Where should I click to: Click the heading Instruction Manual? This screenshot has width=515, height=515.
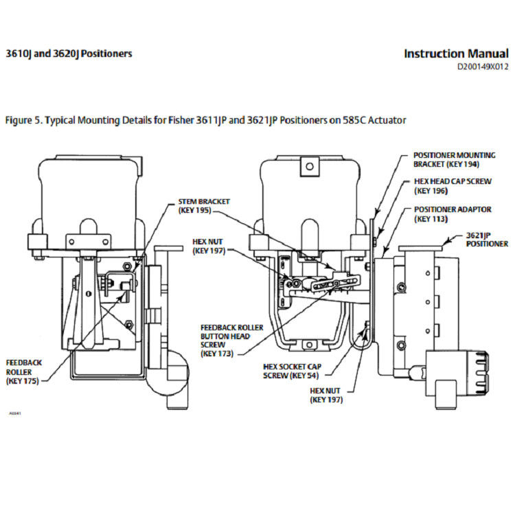456,54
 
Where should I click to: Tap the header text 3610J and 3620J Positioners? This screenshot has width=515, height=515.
69,54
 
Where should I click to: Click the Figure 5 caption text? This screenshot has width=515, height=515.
205,120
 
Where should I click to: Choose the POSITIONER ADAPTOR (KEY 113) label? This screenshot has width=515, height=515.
447,214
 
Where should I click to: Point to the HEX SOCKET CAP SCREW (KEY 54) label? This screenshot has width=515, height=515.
293,371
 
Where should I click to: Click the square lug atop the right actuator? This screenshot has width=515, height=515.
310,165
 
